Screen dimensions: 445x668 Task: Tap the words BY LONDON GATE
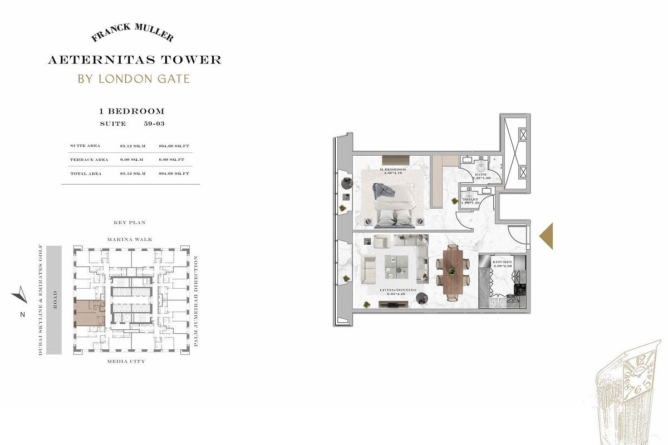[x=134, y=78]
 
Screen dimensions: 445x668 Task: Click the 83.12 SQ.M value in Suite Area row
[x=132, y=146]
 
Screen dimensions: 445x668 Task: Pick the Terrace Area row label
[x=89, y=160]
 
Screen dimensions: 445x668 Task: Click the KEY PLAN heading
[x=129, y=222]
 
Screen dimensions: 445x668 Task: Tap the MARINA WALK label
[x=129, y=240]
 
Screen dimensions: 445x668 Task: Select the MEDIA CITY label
[x=126, y=361]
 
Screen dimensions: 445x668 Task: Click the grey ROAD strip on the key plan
[x=55, y=300]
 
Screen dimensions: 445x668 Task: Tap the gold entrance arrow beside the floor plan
[x=546, y=236]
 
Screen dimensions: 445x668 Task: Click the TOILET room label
[x=470, y=199]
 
